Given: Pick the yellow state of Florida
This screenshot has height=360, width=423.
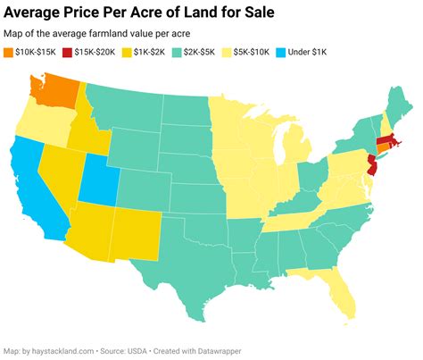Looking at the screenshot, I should [335, 287].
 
